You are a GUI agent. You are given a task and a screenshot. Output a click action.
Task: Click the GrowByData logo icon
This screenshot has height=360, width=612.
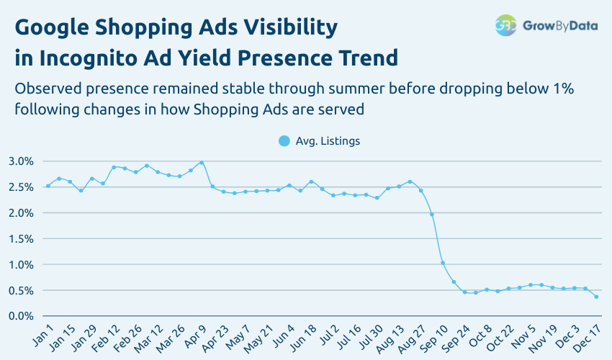505,25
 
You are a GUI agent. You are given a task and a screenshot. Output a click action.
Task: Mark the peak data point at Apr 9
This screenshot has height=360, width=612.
202,163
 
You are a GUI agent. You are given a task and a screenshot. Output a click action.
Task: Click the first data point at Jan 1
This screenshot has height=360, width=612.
48,186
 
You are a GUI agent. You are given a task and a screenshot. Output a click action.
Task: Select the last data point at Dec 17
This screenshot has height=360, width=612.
596,297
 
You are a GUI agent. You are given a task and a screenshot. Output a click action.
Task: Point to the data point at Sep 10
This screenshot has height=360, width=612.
443,263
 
